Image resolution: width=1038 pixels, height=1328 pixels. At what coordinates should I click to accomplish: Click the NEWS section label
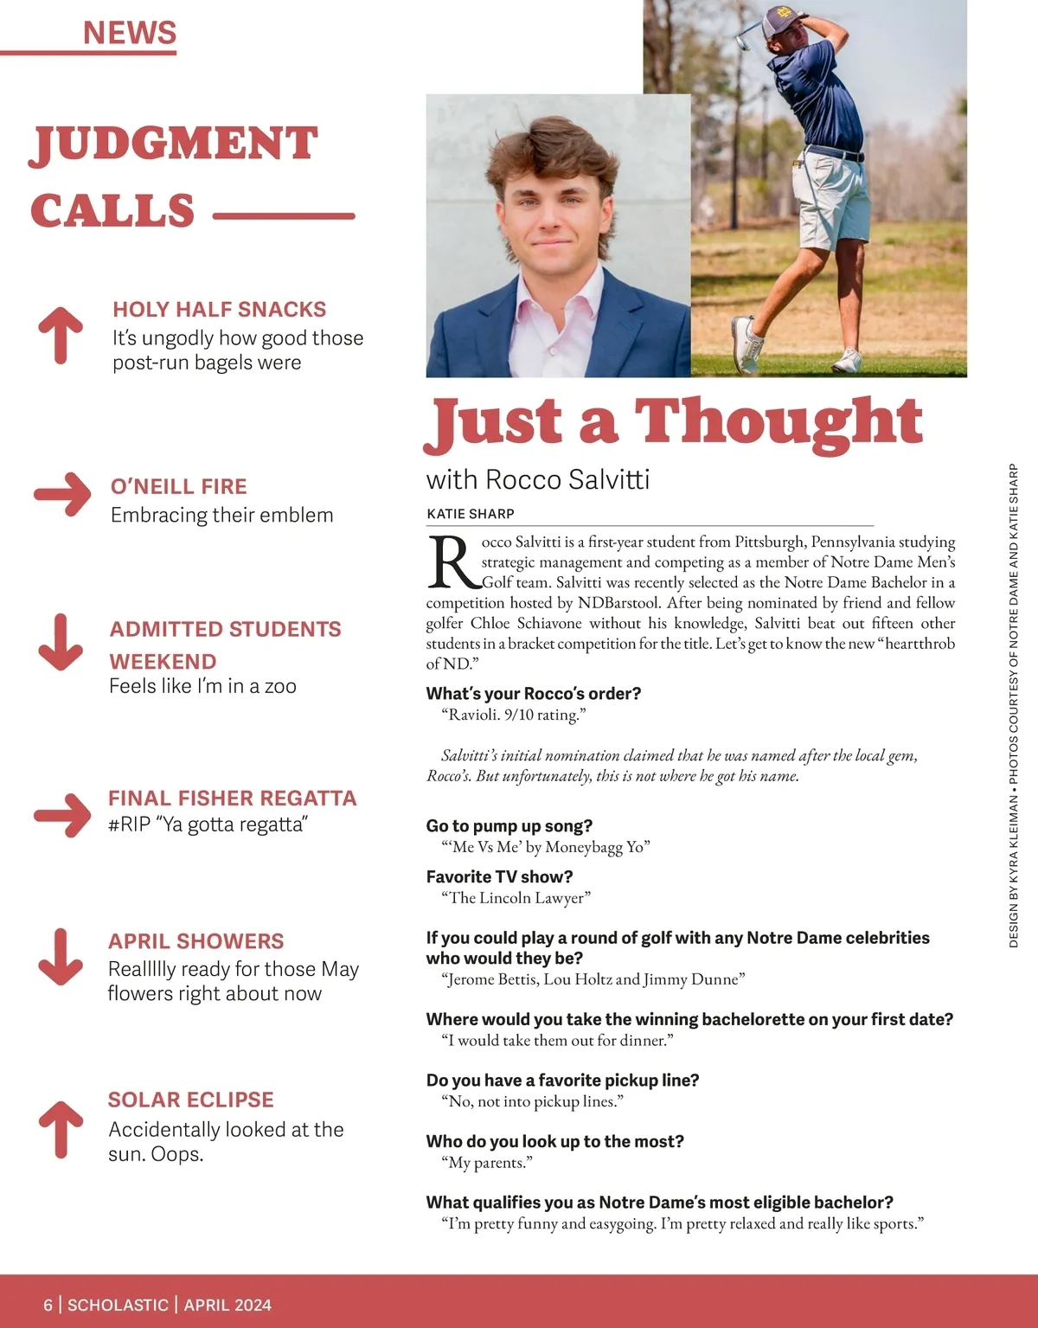point(130,33)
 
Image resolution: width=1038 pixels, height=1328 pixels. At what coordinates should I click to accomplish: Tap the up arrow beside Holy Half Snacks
point(61,334)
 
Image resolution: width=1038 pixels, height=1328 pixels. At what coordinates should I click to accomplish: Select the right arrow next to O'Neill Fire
point(62,494)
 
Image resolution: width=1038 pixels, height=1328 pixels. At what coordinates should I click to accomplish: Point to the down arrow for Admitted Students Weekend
point(61,642)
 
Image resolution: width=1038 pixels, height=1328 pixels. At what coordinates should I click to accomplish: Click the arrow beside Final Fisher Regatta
point(62,814)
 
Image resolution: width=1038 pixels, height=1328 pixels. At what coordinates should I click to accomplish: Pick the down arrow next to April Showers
point(61,957)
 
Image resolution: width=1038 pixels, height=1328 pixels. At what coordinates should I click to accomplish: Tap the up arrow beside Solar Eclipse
point(61,1128)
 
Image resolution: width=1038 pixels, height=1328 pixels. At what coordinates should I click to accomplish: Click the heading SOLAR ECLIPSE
point(190,1100)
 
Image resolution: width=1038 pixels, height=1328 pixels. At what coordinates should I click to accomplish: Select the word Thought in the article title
point(778,422)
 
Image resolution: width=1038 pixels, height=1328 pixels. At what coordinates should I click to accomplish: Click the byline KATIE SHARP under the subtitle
point(471,514)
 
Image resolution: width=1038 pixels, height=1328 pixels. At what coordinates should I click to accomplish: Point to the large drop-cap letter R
point(452,562)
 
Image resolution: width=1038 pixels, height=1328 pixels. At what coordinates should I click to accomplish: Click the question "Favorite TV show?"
point(499,876)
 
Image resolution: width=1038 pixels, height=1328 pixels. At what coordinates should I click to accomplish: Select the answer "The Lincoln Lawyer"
point(516,898)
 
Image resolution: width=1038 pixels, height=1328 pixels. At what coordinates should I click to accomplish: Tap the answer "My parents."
point(487,1163)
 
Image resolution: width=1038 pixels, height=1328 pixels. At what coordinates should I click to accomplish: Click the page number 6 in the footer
point(48,1305)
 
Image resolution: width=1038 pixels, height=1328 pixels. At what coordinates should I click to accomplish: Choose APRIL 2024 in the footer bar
point(227,1305)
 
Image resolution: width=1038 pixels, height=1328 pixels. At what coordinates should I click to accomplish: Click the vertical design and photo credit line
point(1014,705)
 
